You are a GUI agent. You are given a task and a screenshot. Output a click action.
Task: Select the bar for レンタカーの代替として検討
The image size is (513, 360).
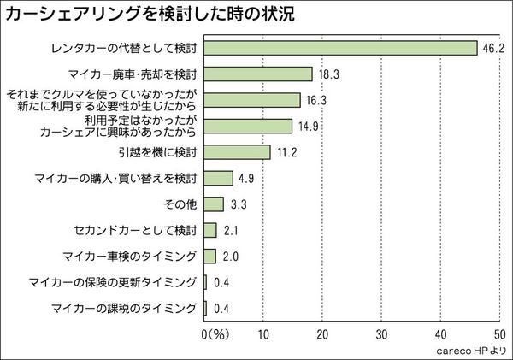341,48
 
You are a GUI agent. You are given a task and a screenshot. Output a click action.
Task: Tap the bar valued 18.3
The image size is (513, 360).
259,74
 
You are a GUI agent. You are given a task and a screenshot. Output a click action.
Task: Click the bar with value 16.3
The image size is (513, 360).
253,100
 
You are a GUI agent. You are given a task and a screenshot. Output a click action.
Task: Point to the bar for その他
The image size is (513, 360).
215,204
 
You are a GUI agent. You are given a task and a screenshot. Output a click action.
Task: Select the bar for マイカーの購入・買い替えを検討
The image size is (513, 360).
219,178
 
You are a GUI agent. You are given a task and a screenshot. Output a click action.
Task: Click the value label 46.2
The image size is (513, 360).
492,49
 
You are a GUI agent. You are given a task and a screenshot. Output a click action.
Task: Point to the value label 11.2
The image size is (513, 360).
286,153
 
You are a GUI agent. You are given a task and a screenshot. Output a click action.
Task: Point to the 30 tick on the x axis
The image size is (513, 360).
382,332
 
